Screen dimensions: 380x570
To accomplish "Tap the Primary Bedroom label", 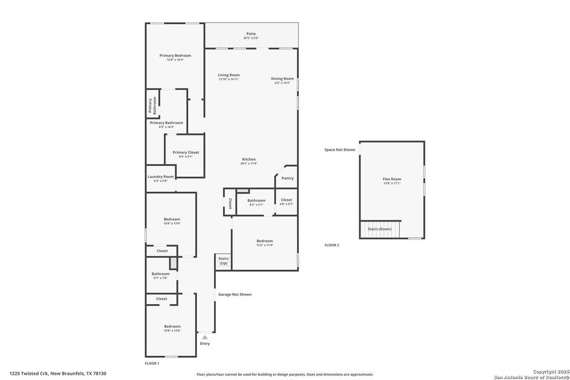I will (x=175, y=56).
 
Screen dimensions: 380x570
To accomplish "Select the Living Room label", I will (x=229, y=75).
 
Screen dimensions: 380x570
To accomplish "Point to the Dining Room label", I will (x=282, y=79).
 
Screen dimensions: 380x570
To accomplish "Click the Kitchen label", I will (x=248, y=159).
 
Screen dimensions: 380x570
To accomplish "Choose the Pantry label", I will (x=288, y=179).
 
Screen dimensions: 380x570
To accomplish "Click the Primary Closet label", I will (x=186, y=153).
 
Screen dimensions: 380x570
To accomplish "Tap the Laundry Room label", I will (x=160, y=177).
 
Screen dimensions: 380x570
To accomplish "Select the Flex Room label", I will (x=391, y=179).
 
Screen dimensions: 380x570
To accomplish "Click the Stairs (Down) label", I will (x=381, y=229).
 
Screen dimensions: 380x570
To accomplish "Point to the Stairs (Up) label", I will (x=223, y=260).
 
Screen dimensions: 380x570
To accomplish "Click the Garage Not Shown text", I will (x=235, y=294).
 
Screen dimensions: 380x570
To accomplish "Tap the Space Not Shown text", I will (x=339, y=149).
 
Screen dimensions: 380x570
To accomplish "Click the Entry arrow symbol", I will (x=205, y=338).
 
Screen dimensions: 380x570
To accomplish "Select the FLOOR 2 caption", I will (x=332, y=245).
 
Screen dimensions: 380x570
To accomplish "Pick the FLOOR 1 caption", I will (x=152, y=364).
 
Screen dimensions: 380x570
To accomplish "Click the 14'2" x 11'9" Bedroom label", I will (x=265, y=241).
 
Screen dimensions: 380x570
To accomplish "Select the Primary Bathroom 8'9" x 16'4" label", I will (x=166, y=123).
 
